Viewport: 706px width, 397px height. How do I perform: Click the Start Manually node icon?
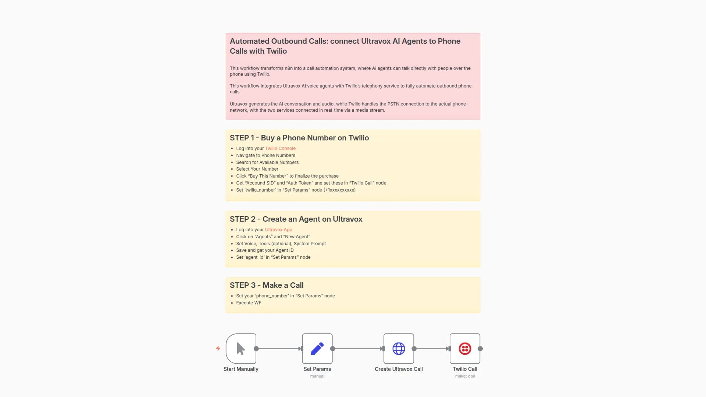(x=241, y=348)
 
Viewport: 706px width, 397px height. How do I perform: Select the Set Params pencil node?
(x=317, y=348)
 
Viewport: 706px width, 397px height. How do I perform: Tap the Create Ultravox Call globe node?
(x=399, y=348)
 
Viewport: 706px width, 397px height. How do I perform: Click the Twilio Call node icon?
(x=465, y=348)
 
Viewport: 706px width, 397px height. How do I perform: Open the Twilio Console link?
(x=280, y=149)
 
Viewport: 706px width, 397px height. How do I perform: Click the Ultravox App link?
(x=278, y=230)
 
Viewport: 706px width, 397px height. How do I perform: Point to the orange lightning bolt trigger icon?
(x=218, y=348)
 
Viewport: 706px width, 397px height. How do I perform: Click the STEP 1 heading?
(x=299, y=138)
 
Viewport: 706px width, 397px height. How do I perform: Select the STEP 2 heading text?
(x=296, y=219)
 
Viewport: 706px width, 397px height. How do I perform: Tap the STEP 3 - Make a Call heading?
(x=266, y=285)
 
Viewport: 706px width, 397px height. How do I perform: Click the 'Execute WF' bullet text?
(x=249, y=303)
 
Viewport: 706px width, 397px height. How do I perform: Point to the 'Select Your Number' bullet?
(x=257, y=169)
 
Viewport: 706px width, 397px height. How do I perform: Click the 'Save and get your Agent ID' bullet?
(x=265, y=250)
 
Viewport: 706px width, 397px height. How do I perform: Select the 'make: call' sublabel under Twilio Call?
(x=465, y=376)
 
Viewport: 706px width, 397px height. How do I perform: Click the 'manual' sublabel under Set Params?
(x=317, y=376)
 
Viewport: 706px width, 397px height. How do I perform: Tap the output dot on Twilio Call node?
(x=480, y=348)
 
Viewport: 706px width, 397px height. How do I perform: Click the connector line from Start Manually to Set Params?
(x=278, y=348)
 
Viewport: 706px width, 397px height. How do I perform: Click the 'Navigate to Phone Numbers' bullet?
(x=265, y=155)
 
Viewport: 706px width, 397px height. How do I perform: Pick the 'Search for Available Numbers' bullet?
(x=267, y=162)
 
